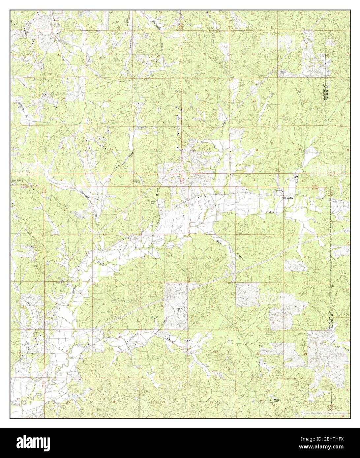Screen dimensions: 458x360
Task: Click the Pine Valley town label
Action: point(287,198)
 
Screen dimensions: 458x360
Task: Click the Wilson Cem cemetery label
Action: point(283,73)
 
